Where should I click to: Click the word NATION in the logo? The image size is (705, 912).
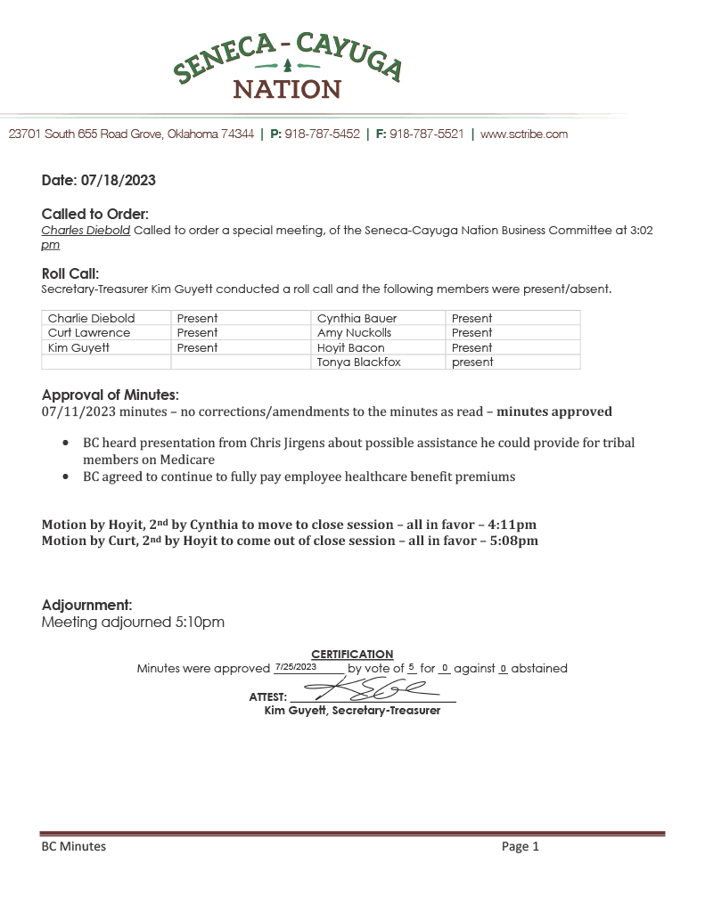tap(287, 90)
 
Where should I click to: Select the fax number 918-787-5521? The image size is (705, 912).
tap(426, 134)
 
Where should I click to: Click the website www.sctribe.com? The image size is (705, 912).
tap(524, 134)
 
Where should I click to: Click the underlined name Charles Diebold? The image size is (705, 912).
tap(86, 230)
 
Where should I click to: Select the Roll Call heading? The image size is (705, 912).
tap(70, 274)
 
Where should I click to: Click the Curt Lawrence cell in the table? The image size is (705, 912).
tap(89, 333)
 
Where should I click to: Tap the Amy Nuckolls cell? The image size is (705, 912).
tap(354, 333)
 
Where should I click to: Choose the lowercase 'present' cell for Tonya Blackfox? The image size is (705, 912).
tap(472, 362)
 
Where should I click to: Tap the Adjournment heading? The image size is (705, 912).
tap(87, 606)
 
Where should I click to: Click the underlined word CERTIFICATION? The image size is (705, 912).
tap(352, 655)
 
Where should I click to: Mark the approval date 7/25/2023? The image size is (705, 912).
tap(296, 667)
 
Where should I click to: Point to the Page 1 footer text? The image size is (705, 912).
tap(521, 847)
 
